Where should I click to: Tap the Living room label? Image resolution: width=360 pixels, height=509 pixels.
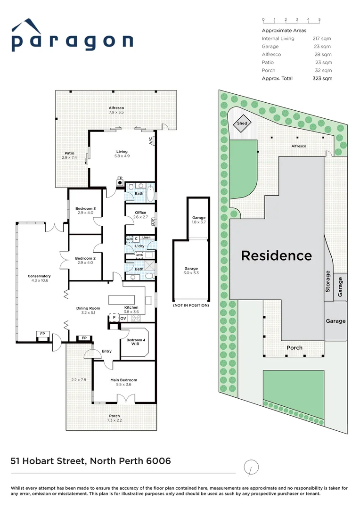122,154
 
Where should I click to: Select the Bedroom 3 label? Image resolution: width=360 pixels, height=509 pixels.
85,211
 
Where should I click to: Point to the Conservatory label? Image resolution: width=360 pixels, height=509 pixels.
39,278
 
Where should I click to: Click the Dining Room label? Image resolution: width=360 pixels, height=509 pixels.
88,311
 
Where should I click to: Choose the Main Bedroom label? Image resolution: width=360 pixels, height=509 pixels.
124,382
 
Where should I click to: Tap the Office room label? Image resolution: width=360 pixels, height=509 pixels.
140,215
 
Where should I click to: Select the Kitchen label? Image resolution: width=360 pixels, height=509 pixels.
131,309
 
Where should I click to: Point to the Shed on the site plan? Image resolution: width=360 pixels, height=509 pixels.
242,123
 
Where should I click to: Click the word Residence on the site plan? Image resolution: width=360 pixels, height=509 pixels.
276,256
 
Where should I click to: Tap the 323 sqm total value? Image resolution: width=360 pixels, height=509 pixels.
322,78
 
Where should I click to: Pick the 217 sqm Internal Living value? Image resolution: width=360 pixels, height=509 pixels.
322,38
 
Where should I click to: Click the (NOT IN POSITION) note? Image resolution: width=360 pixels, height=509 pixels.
191,305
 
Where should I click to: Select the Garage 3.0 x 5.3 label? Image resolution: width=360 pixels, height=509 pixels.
191,271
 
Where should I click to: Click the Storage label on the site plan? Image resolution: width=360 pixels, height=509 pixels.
328,281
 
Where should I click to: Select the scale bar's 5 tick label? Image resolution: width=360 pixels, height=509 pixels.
319,20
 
